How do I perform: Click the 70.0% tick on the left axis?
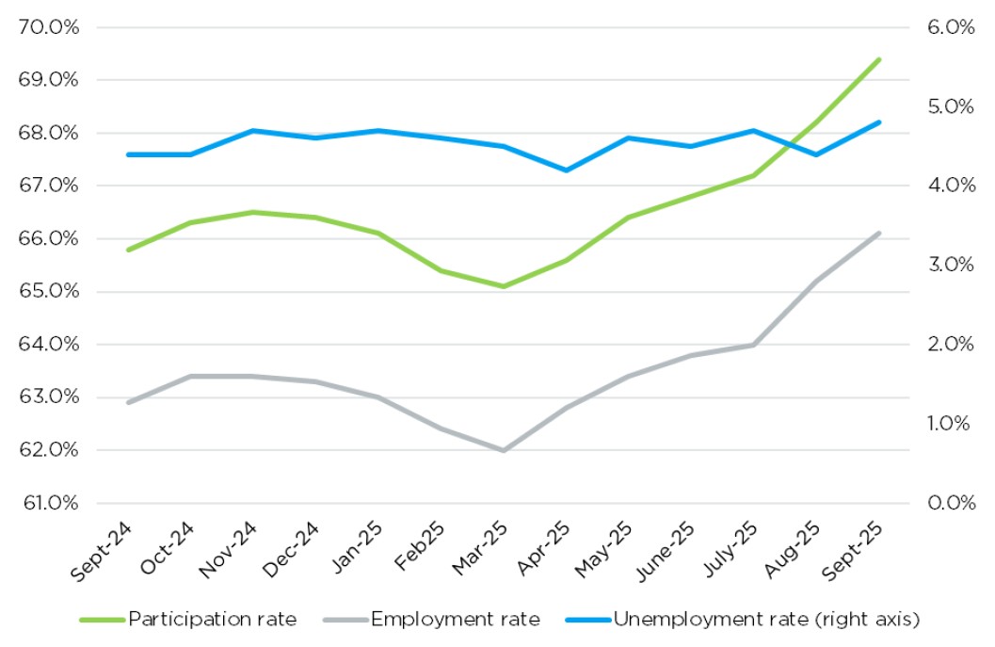coord(48,26)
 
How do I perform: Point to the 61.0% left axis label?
coord(48,503)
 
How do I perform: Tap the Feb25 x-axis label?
coord(419,546)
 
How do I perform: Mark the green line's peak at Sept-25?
coord(878,59)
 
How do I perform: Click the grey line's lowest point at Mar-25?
coord(504,450)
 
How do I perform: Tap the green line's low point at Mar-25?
coord(504,285)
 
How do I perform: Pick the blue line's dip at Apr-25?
coord(566,170)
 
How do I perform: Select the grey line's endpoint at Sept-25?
coord(878,233)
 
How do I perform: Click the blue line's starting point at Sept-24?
coord(129,154)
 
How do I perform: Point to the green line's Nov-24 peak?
coord(253,212)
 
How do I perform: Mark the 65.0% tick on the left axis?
coord(48,291)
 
